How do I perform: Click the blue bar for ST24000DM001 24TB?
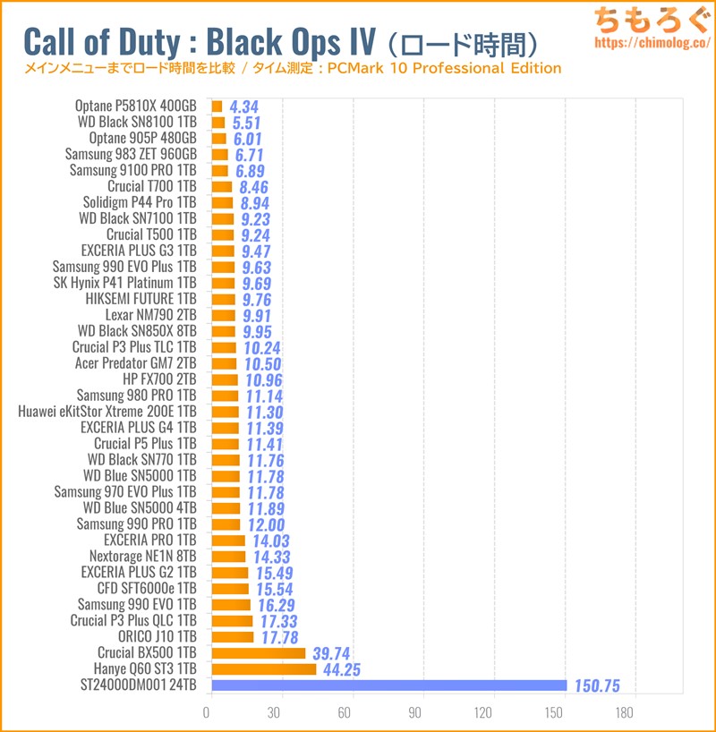(x=388, y=685)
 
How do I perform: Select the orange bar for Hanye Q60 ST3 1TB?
(x=263, y=669)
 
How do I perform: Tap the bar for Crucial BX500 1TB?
(x=258, y=653)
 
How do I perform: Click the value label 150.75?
(x=598, y=686)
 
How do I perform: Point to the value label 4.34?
(x=244, y=106)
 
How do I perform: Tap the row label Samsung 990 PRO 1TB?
(x=136, y=523)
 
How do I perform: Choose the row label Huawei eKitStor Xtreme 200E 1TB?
(x=107, y=411)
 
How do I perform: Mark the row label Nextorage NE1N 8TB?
(x=142, y=556)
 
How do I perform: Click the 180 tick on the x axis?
(x=625, y=713)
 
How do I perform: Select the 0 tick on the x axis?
(x=208, y=713)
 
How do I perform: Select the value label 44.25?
(x=344, y=669)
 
